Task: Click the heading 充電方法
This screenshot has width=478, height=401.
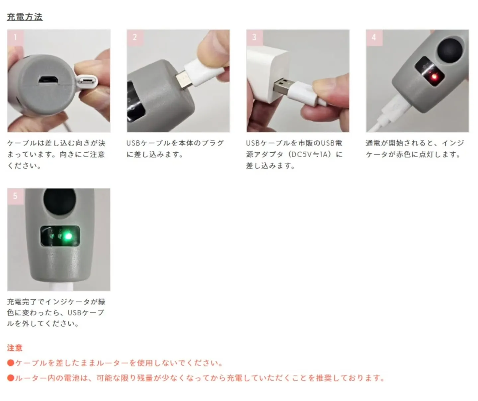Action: point(25,17)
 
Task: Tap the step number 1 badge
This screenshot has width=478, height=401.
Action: point(15,37)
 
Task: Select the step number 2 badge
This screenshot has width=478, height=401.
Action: point(135,37)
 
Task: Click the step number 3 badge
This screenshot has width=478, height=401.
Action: point(254,37)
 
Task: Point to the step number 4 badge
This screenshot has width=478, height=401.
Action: point(374,37)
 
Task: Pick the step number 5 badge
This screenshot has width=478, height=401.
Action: point(15,196)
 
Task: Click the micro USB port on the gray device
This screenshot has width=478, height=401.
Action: point(48,80)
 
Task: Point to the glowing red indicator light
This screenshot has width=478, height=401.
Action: point(433,77)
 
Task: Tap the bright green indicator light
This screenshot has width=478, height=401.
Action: point(68,236)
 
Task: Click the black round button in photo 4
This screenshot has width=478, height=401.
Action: point(450,50)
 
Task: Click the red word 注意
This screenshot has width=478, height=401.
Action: point(15,348)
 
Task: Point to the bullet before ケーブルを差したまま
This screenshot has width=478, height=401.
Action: point(11,363)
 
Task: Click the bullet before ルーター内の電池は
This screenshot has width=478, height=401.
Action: point(11,378)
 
